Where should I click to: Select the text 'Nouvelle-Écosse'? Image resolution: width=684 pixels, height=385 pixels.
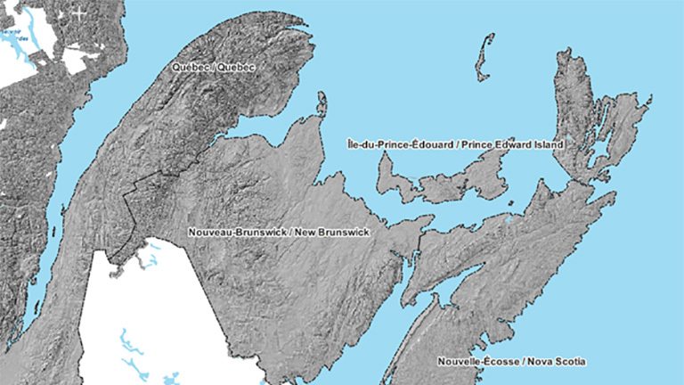point(473,361)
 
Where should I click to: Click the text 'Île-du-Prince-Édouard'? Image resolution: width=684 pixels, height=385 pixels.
point(393,143)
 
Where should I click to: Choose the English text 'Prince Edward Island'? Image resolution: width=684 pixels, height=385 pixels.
point(502,143)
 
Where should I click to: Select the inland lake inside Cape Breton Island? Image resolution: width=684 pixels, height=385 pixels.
point(595,134)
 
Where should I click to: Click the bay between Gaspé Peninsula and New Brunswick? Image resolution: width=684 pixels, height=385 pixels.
point(258,134)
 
